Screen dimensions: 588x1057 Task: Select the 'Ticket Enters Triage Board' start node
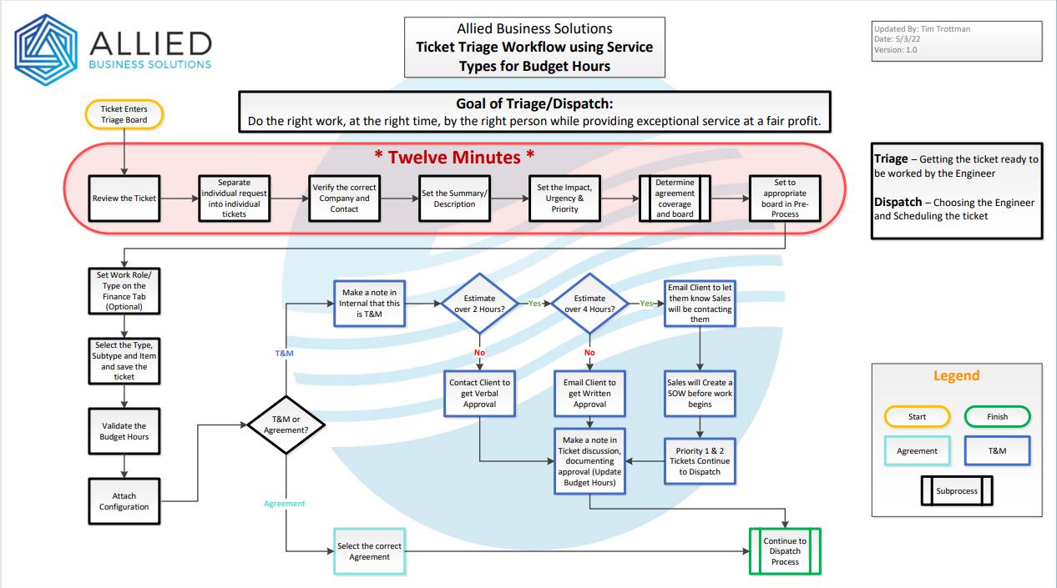(124, 115)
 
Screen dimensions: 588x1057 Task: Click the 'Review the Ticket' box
(124, 198)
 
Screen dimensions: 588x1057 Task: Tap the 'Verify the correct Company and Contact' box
(344, 198)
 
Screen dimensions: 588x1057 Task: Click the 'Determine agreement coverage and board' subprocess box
(675, 198)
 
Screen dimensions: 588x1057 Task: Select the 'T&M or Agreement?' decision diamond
(286, 425)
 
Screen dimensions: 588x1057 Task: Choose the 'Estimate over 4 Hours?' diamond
(589, 303)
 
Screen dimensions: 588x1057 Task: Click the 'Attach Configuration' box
(124, 501)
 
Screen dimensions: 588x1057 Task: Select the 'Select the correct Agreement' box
(369, 551)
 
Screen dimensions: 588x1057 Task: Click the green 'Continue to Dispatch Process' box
(785, 551)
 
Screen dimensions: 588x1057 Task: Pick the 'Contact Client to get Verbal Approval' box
(479, 392)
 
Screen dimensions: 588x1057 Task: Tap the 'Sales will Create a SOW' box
(700, 392)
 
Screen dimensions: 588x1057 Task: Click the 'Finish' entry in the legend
(997, 416)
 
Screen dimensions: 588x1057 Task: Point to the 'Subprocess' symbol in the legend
(956, 491)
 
